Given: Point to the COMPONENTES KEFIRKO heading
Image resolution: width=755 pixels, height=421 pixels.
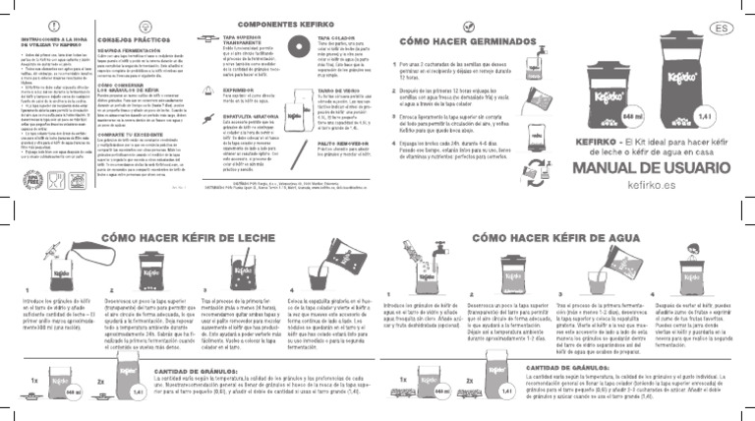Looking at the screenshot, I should tap(265, 24).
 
